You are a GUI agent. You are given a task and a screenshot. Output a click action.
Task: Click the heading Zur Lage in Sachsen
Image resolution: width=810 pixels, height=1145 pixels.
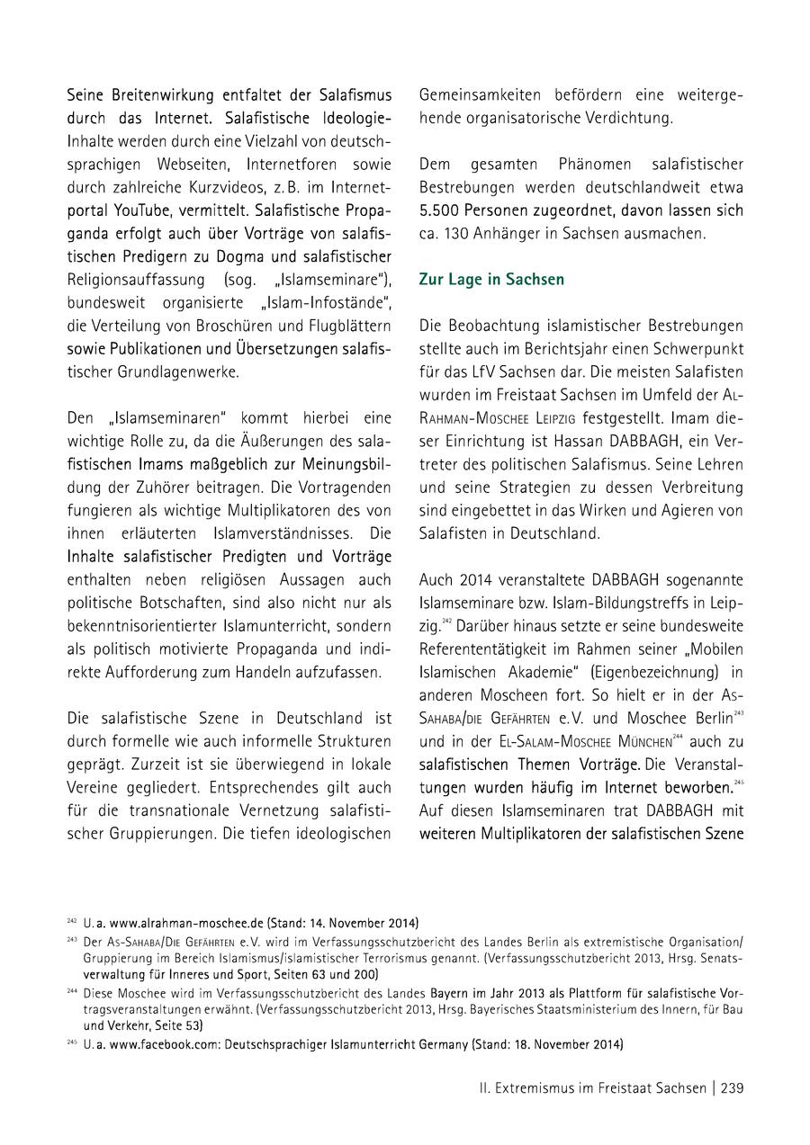(x=491, y=280)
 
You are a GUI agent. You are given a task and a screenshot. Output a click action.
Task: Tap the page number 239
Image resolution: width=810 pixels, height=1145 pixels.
(x=731, y=1087)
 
